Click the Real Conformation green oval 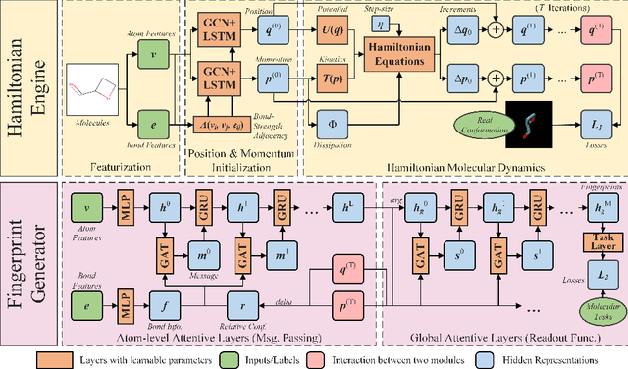pyautogui.click(x=483, y=125)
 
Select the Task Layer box pyautogui.click(x=597, y=240)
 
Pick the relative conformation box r pyautogui.click(x=244, y=304)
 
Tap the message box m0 pyautogui.click(x=204, y=256)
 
